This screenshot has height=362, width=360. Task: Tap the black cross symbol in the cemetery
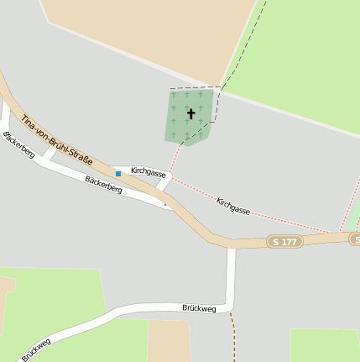pos(190,113)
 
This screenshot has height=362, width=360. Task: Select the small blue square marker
pos(118,173)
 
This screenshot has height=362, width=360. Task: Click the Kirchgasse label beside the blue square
pos(148,171)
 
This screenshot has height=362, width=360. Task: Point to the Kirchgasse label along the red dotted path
pos(233,207)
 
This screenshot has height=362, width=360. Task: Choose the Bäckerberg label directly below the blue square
pos(104,185)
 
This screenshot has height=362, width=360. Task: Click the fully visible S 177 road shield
pos(284,242)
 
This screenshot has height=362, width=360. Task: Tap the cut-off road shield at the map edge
pos(355,240)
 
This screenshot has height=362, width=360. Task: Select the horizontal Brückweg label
pos(199,309)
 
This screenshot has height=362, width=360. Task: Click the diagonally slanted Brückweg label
pos(36,349)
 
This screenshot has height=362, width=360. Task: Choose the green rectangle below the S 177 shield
pos(324,345)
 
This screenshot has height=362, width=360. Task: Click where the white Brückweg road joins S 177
pos(232,249)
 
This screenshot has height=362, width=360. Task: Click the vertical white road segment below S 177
pos(231,277)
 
